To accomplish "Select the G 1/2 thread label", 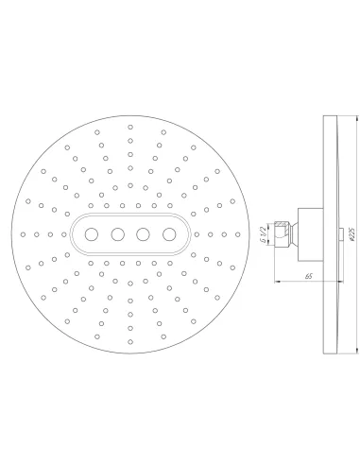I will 261,232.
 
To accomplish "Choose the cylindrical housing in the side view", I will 307,232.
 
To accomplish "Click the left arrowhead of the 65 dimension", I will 275,281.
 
